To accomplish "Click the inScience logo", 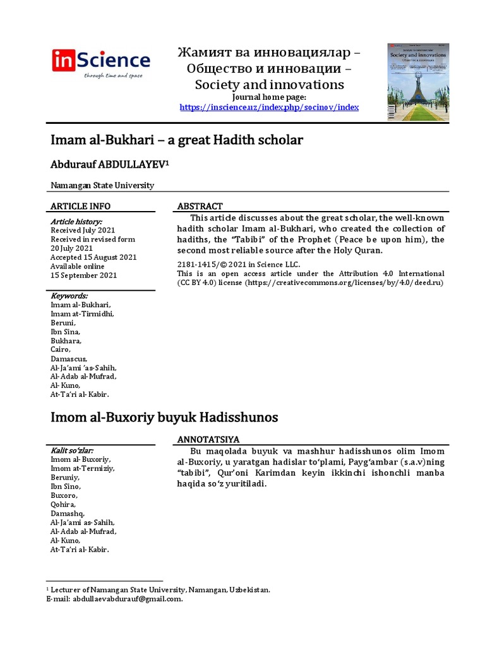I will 100,63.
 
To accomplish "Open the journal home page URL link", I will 269,107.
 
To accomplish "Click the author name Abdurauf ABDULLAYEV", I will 109,164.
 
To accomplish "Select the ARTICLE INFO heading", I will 80,207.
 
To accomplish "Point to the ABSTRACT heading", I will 200,207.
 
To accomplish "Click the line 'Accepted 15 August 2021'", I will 92,257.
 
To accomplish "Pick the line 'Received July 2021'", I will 83,231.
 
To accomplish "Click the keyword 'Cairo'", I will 61,349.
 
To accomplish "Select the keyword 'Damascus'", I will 68,358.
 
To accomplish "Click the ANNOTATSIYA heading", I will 208,439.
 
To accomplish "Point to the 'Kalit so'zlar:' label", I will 72,450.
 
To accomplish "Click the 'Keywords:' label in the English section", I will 69,296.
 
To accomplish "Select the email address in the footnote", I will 128,599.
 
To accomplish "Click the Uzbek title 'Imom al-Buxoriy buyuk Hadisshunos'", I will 164,418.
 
